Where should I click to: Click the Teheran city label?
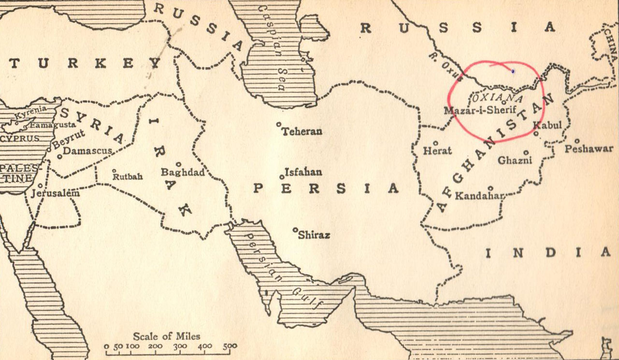pyautogui.click(x=302, y=131)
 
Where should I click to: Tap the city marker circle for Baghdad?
pyautogui.click(x=179, y=164)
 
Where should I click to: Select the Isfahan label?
pyautogui.click(x=303, y=172)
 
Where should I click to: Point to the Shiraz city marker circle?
pyautogui.click(x=295, y=230)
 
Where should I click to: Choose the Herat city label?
pyautogui.click(x=437, y=151)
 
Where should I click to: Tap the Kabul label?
pyautogui.click(x=547, y=126)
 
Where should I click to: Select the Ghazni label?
pyautogui.click(x=515, y=160)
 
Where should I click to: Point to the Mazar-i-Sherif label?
pyautogui.click(x=480, y=110)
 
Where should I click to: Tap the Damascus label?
pyautogui.click(x=87, y=151)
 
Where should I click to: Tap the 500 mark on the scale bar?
pyautogui.click(x=230, y=346)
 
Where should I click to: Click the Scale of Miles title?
pyautogui.click(x=166, y=336)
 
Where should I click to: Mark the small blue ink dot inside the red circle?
pyautogui.click(x=513, y=72)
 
